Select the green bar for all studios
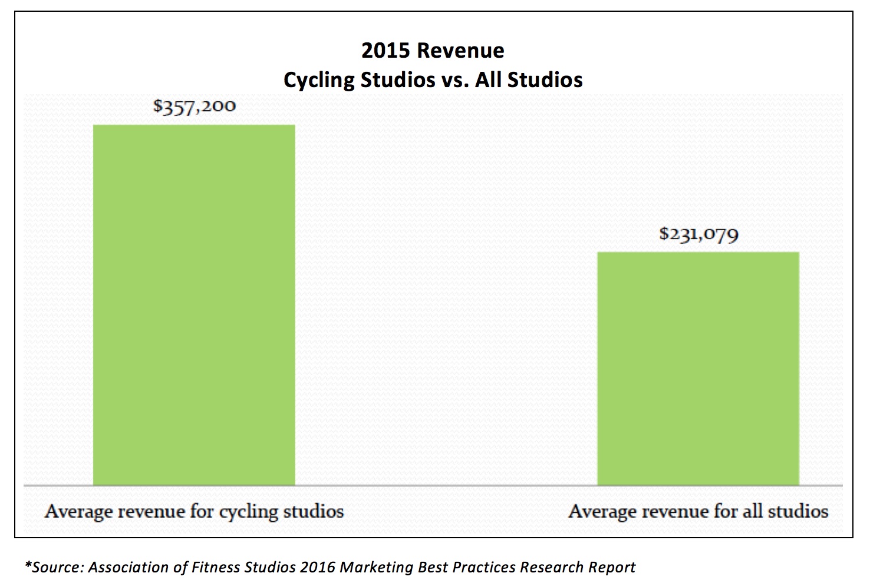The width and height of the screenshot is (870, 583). point(698,368)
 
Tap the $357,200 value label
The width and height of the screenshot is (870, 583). point(194,107)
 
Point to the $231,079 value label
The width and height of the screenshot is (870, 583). point(698,234)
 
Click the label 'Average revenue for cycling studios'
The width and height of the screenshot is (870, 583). point(194,511)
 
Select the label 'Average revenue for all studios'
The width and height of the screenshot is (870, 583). point(698,511)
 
